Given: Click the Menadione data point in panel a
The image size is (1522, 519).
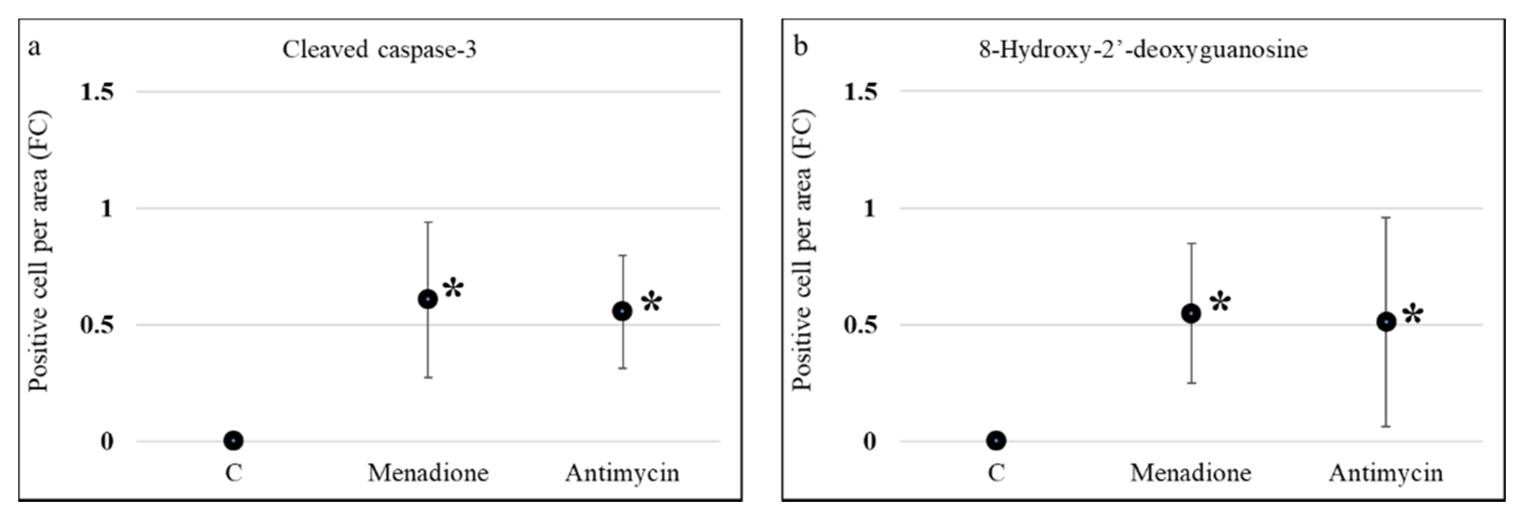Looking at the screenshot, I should pos(428,300).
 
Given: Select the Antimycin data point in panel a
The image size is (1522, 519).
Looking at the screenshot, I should pos(622,311).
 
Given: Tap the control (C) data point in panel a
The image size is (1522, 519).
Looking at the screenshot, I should pos(233,440).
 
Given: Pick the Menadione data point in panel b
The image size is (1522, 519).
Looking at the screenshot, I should pos(1191,314).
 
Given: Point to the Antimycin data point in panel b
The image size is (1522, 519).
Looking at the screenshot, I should pos(1386,322).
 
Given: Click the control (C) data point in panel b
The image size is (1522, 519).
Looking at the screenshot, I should pos(996,440).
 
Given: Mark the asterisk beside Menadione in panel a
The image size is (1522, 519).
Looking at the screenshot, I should pos(454,288).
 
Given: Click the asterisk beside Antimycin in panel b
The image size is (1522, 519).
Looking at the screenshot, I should pos(1413,314).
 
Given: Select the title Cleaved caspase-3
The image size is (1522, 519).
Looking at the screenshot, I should pos(379,49).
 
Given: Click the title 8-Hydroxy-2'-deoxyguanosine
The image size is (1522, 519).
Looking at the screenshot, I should pos(1143,49).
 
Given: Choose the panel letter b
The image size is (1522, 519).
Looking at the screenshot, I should pos(800,46).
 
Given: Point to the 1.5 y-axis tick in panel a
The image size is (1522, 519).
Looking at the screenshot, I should pos(97,92).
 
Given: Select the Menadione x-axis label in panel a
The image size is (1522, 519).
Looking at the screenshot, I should pos(428,473).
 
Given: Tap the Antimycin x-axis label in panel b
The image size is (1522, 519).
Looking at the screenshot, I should pos(1386,473).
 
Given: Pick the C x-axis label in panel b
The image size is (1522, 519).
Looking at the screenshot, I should pos(996,473).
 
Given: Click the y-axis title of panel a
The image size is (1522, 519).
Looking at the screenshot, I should pos(39,251).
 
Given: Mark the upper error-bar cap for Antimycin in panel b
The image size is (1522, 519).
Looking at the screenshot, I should pos(1386,218).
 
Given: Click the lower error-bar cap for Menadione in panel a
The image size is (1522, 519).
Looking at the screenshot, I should pos(428,377).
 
